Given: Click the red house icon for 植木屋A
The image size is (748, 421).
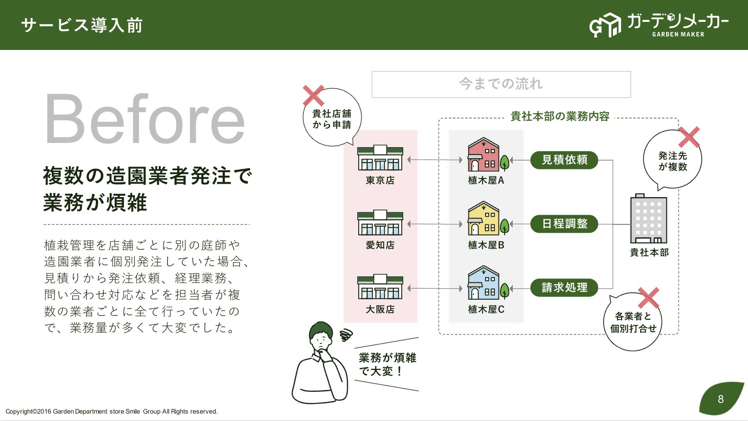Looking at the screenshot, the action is tap(484, 155).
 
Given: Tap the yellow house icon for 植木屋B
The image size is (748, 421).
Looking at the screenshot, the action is tap(484, 218).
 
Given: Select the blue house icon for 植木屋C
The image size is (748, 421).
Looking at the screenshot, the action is tap(484, 283).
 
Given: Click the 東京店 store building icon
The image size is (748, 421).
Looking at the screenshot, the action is tap(380, 158).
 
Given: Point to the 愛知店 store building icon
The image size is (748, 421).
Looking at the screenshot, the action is tap(380, 223).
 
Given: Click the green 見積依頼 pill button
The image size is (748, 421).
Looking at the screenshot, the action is tap(564, 160).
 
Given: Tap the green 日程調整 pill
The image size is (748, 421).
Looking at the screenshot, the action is tap(564, 224).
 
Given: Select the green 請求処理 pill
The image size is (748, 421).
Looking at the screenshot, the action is tap(564, 287).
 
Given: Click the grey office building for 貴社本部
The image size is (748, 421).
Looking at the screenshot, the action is tap(648, 219).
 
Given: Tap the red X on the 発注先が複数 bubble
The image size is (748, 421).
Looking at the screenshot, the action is tap(689, 137).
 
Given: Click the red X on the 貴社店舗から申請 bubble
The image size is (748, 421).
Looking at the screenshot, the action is tap(313, 95).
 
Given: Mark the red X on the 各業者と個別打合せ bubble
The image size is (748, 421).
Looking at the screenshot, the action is tap(648, 298).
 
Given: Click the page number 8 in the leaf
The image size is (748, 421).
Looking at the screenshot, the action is tap(721, 399).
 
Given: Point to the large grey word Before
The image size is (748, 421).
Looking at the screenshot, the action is tap(145, 118).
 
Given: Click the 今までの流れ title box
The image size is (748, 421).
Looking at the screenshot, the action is tap(501, 85).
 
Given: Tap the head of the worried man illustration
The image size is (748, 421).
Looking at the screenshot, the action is tap(321, 336).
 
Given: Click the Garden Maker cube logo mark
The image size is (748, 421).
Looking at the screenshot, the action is tap(605, 25).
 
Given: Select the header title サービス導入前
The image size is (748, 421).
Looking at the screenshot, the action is tap(82, 25).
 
